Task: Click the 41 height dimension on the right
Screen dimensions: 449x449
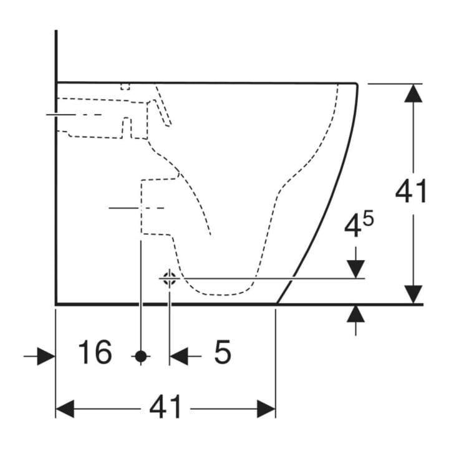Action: point(411,191)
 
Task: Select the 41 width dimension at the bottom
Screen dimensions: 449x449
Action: point(165,407)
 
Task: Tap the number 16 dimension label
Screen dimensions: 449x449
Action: point(95,352)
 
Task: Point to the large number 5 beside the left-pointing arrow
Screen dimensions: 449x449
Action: point(223,352)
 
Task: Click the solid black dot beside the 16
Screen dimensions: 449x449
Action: point(141,356)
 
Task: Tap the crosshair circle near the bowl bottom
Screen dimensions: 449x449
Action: point(170,278)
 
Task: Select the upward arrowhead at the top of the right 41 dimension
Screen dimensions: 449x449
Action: point(413,93)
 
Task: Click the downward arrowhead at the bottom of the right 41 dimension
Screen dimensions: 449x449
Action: point(413,294)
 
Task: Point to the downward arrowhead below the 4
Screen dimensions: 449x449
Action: point(355,269)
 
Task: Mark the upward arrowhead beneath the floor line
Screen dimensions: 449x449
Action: point(355,314)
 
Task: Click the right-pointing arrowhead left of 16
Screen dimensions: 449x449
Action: point(46,356)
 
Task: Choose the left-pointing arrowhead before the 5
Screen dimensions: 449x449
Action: point(179,356)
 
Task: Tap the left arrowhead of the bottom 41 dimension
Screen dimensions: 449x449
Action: point(65,409)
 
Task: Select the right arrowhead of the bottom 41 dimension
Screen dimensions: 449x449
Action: point(266,409)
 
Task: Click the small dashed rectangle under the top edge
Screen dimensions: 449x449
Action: point(125,87)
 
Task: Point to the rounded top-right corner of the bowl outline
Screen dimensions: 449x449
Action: point(356,84)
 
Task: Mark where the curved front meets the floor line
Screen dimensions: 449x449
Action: point(277,304)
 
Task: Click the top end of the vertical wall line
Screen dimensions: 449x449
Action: point(56,31)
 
